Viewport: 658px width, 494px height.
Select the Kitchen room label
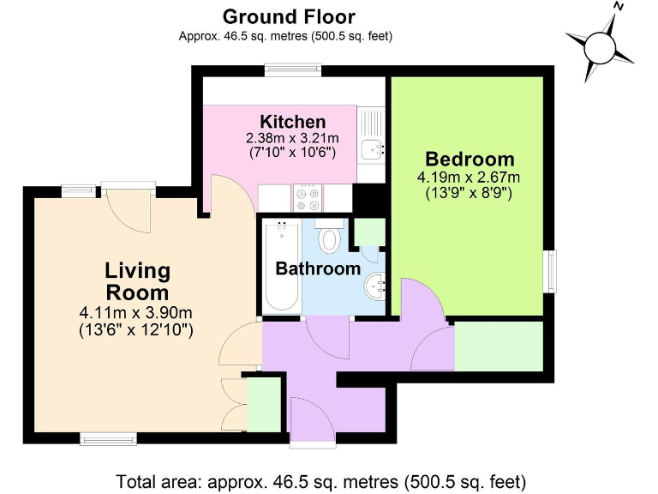coord(293,122)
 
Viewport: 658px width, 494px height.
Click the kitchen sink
coord(373,149)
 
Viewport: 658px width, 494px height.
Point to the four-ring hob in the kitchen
coord(308,198)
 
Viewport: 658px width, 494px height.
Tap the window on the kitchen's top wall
coord(293,71)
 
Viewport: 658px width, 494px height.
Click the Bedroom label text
coord(470,160)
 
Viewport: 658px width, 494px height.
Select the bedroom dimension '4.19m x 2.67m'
coord(469,178)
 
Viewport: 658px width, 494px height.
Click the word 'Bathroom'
coord(318,268)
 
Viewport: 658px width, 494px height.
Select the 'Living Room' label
coord(137,281)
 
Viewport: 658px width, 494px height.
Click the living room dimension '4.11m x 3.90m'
coord(135,312)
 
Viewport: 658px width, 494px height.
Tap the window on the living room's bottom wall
coord(108,439)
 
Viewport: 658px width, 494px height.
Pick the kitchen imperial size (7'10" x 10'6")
coord(292,153)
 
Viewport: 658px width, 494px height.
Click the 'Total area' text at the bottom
coord(320,480)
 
